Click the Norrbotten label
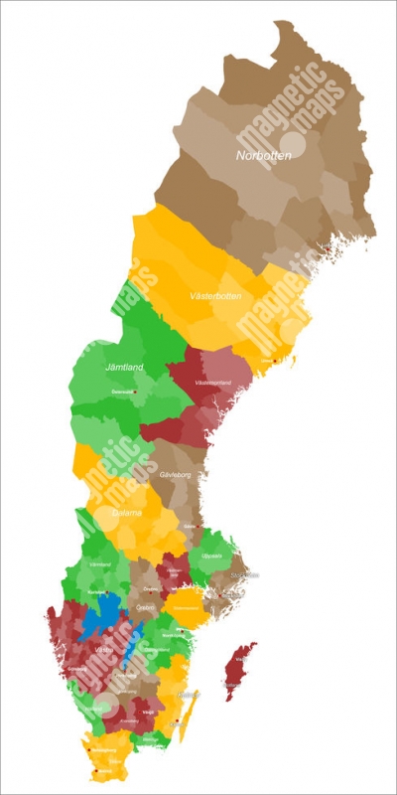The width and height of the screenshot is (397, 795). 264,155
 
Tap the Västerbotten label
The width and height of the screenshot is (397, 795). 216,296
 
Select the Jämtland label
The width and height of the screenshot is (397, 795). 124,368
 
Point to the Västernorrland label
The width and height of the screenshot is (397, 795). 212,383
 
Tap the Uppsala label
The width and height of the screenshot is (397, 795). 212,556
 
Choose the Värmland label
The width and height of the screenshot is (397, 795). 100,563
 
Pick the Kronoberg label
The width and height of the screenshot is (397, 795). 130,720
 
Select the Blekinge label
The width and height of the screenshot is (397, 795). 150,739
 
